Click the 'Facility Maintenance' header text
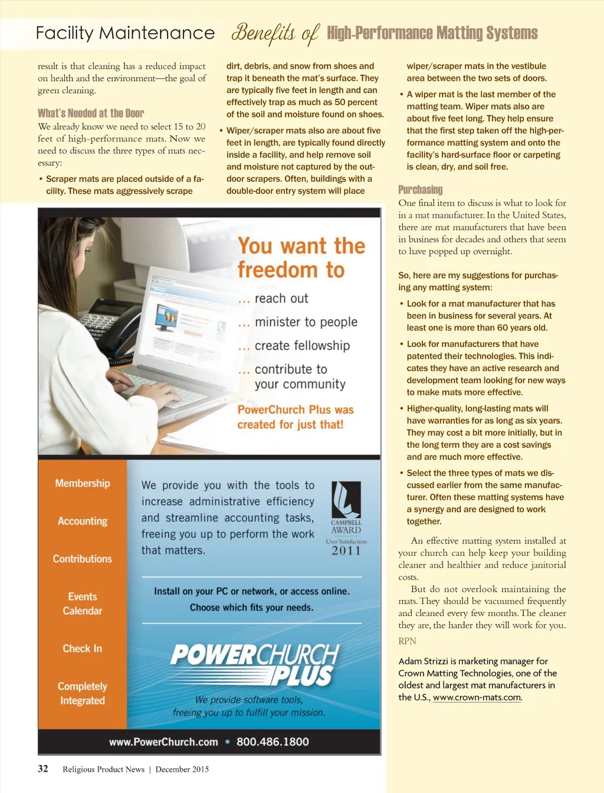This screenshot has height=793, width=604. click(x=125, y=33)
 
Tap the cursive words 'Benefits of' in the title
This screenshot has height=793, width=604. click(x=275, y=34)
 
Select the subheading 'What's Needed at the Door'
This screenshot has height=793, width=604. click(x=91, y=113)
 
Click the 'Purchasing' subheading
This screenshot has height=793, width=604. click(x=420, y=189)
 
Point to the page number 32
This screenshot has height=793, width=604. click(x=43, y=768)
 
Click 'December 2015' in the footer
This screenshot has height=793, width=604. click(x=182, y=769)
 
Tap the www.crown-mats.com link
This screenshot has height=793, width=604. click(x=477, y=697)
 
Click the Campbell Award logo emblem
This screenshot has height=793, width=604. click(x=346, y=499)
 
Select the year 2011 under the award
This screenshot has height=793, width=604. click(x=346, y=551)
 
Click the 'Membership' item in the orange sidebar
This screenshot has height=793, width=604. click(x=83, y=483)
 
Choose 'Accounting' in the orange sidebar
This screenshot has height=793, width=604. click(x=83, y=521)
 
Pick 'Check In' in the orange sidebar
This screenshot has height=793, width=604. click(x=83, y=648)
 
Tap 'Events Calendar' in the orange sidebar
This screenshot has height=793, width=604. click(x=83, y=604)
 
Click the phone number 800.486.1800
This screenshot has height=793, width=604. click(x=273, y=742)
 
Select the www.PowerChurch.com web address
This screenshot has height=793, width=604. click(x=163, y=742)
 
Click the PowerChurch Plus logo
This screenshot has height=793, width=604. click(x=255, y=664)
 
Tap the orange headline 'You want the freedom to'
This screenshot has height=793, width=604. click(x=301, y=258)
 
